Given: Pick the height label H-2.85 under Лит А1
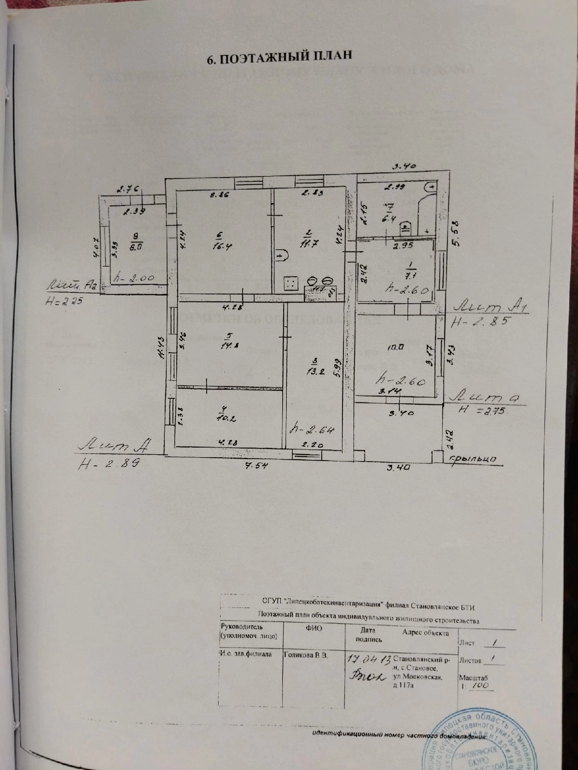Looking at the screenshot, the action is tap(478, 322).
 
